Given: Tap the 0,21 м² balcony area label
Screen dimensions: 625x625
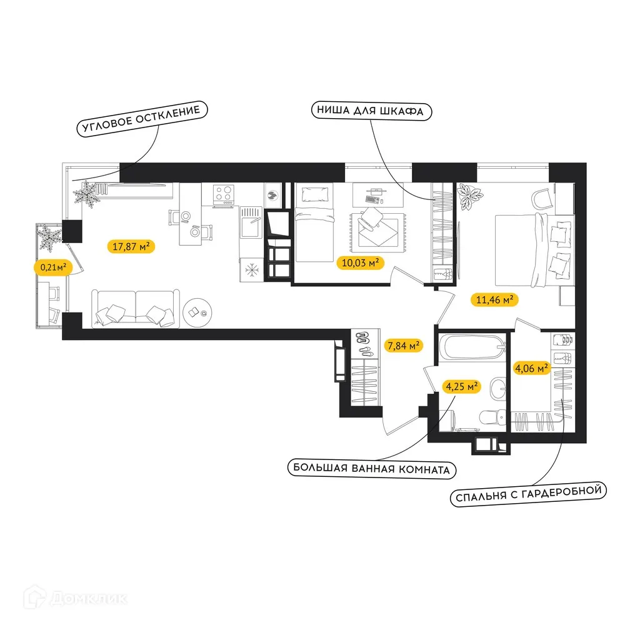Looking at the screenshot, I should click(52, 267).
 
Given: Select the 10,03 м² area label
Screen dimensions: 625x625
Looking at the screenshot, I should click(360, 262).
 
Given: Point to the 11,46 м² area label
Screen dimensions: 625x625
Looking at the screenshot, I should click(494, 300).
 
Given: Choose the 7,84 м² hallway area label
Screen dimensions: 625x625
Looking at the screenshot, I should click(403, 345).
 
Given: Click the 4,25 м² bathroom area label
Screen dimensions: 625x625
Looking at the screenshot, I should click(462, 386).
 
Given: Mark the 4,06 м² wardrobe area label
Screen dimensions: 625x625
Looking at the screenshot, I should click(531, 368).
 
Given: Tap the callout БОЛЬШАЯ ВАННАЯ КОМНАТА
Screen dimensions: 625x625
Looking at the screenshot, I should click(371, 467).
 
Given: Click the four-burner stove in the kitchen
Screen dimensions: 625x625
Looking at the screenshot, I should click(224, 194).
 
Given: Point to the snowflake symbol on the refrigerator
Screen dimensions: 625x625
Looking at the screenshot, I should click(251, 270).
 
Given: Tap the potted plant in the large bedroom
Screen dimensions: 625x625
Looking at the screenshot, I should click(469, 198).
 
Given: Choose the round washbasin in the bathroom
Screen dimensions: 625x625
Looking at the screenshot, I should click(498, 388).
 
